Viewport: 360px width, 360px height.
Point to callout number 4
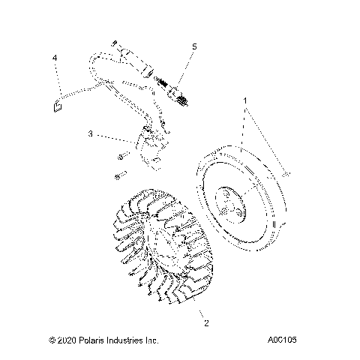(55, 58)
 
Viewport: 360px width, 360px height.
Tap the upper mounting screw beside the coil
(121, 158)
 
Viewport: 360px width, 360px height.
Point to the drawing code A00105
(282, 340)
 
